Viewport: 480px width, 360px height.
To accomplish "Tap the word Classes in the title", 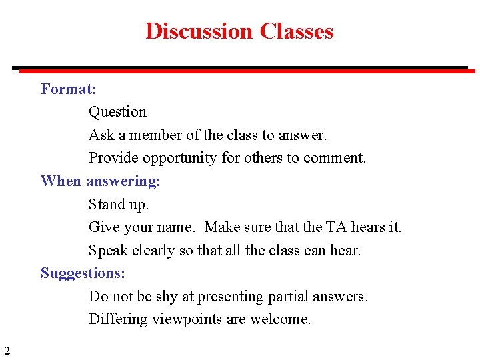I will coord(297,31).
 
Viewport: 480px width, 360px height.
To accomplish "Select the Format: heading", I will coord(69,89).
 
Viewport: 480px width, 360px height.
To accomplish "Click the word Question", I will coord(117,112).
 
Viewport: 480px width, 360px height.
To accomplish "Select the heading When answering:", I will coord(101,181).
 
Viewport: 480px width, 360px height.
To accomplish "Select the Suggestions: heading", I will coord(83,273).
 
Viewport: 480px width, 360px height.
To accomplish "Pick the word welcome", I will coord(279,319).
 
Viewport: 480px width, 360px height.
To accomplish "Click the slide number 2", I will coord(7,351).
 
